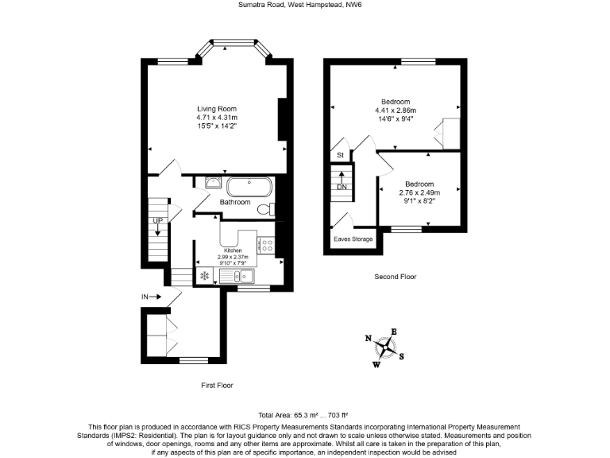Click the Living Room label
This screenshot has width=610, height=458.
coord(217,109)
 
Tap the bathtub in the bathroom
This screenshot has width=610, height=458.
coord(249,188)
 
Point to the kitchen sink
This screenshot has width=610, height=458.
coord(236,276)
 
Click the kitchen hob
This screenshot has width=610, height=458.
coord(266,246)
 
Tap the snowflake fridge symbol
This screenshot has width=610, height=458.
coord(204,276)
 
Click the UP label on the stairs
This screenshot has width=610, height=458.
coord(158,220)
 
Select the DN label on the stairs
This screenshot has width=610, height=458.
coord(342,187)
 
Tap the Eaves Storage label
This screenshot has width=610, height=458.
coord(353,238)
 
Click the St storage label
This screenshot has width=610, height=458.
coord(340,154)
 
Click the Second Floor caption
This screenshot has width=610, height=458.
coord(396,277)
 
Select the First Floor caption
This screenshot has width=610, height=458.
coord(217,385)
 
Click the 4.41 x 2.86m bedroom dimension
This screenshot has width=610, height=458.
coord(396,111)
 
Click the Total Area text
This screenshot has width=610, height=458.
coord(304,416)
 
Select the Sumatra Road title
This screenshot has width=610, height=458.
coord(304,5)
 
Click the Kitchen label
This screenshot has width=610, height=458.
coord(233,250)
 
